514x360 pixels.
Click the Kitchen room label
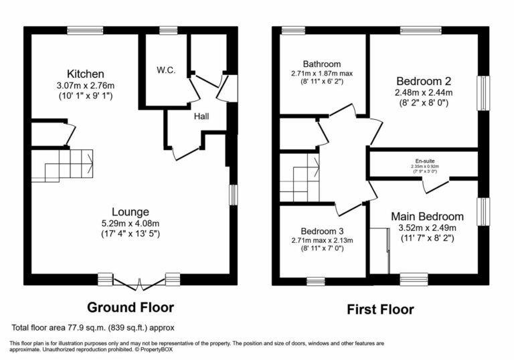(x=85, y=73)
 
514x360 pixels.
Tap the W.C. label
(x=166, y=70)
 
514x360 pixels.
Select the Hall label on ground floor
(x=201, y=116)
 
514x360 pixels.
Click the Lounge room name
(x=131, y=211)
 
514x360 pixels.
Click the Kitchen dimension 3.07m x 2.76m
(x=85, y=85)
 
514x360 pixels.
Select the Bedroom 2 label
(x=423, y=80)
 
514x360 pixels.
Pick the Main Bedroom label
(x=427, y=216)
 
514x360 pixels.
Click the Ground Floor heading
(x=131, y=307)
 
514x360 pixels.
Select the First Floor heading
(x=379, y=309)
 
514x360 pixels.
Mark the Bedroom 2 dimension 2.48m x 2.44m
(x=423, y=92)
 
